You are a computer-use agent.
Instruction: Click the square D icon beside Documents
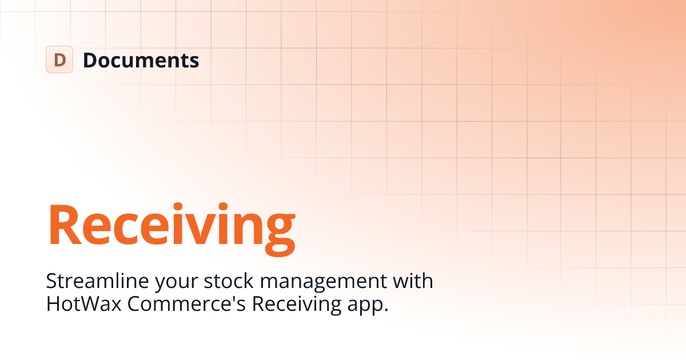click(x=59, y=59)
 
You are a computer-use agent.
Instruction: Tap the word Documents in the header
click(x=141, y=59)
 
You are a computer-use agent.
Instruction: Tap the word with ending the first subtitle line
click(x=413, y=281)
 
